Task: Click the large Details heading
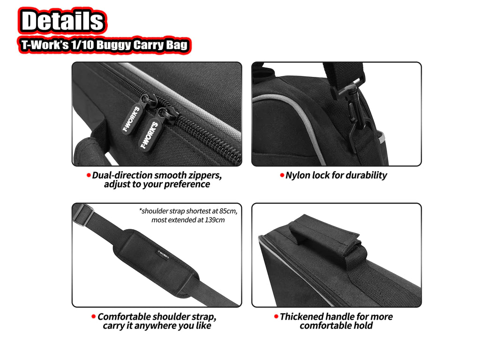pyautogui.click(x=62, y=21)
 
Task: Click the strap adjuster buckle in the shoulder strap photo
pyautogui.click(x=84, y=215)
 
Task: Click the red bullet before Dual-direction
pyautogui.click(x=88, y=175)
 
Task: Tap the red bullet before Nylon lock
pyautogui.click(x=282, y=175)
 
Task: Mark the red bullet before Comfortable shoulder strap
pyautogui.click(x=94, y=317)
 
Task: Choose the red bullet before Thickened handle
pyautogui.click(x=276, y=317)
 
